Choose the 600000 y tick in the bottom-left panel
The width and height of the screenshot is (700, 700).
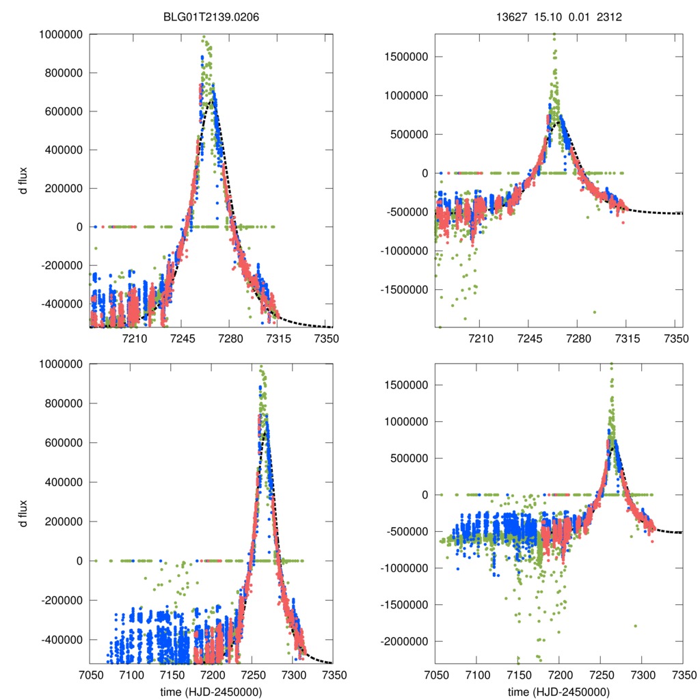tap(63, 443)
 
